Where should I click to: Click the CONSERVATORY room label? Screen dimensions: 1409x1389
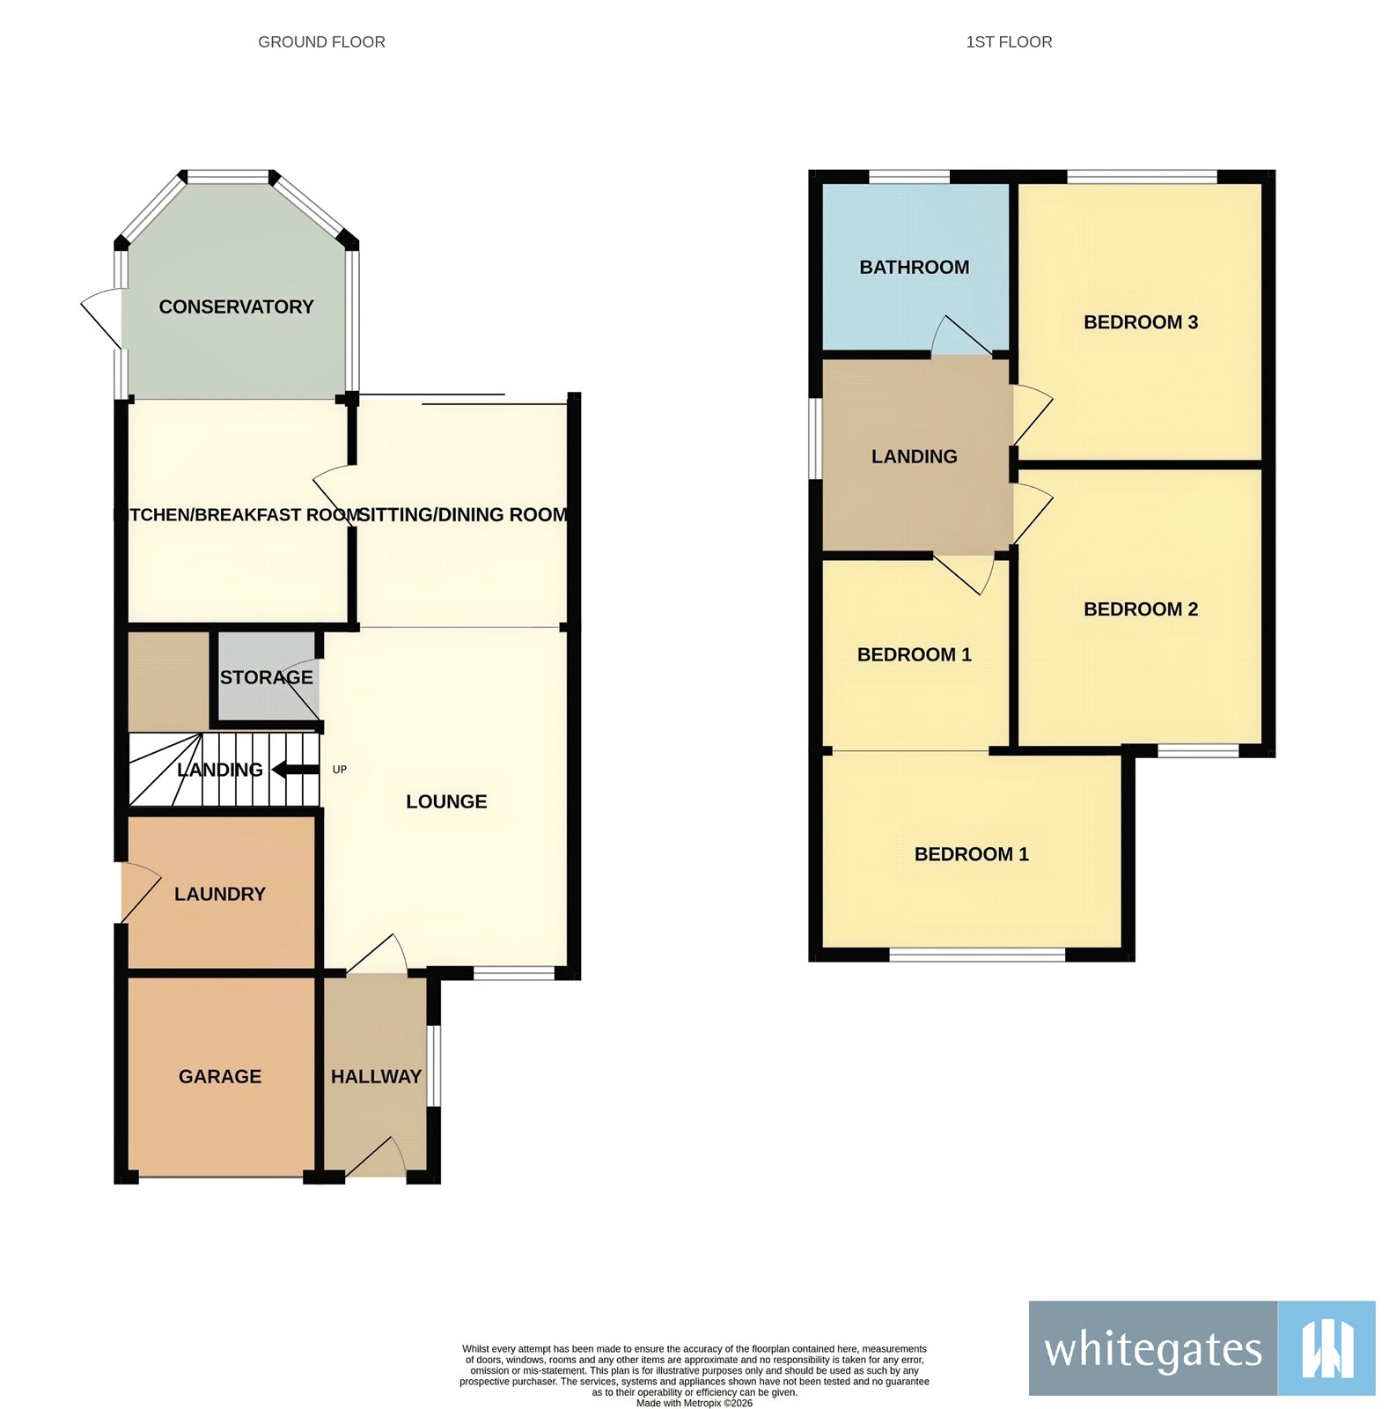(236, 306)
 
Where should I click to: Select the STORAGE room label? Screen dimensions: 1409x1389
(266, 677)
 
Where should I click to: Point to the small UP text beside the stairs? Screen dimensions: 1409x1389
(340, 770)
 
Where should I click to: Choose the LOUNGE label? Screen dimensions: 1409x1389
(446, 801)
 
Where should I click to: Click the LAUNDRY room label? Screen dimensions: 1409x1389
(220, 894)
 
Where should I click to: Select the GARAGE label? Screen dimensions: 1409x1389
(220, 1076)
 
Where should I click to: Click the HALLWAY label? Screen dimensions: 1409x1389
(376, 1076)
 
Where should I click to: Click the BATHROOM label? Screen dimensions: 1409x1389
(914, 267)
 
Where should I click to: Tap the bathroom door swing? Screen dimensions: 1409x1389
(959, 336)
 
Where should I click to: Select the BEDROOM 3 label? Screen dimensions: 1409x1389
(1141, 322)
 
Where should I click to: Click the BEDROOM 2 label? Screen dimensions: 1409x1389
(1141, 609)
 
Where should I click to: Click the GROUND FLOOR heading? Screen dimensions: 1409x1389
(321, 42)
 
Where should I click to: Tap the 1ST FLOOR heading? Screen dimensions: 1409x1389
(1009, 42)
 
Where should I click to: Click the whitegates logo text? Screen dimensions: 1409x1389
(1153, 1350)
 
